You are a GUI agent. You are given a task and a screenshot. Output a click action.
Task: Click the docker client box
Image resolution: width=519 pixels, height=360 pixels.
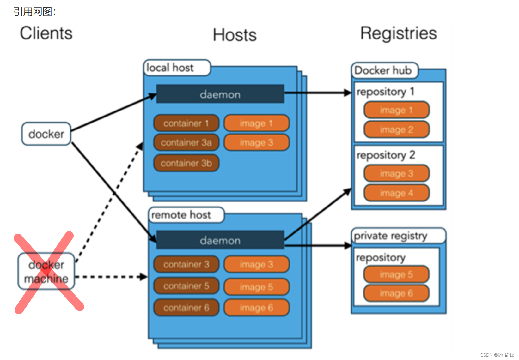point(46,134)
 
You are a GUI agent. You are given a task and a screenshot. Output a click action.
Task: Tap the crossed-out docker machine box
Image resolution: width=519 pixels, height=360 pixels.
point(46,272)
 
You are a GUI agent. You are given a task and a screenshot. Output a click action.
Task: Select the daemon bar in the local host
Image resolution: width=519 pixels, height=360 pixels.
point(220,94)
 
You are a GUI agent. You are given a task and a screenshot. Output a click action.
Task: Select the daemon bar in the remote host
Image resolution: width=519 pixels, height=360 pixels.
point(220,240)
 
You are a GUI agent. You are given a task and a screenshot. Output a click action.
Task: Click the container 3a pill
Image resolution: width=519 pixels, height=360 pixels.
point(186,142)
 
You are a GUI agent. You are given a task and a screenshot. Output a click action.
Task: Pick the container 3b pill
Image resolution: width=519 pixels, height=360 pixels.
point(186,163)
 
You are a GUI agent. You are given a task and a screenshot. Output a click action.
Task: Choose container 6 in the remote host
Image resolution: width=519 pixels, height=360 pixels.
point(186,308)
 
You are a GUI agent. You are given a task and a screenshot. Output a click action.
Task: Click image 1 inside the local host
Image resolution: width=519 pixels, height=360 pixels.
point(256,123)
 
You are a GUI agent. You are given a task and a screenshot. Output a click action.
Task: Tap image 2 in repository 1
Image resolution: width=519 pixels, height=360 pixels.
point(396,129)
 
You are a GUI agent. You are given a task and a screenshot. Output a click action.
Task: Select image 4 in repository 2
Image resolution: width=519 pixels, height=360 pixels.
point(396,193)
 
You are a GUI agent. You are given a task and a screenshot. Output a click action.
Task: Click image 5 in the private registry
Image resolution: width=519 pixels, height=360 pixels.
point(396,274)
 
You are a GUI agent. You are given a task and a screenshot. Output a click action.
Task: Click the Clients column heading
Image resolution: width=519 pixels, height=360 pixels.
point(46,33)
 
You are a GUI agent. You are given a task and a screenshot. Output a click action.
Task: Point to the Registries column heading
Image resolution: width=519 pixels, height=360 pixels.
point(398,33)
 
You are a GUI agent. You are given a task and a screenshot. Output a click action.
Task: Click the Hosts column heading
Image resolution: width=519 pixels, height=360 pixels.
point(235,35)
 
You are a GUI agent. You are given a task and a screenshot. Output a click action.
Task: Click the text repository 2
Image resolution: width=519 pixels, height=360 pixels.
point(386,155)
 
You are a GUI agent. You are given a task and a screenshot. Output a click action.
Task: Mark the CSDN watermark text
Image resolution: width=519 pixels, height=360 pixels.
point(497,355)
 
